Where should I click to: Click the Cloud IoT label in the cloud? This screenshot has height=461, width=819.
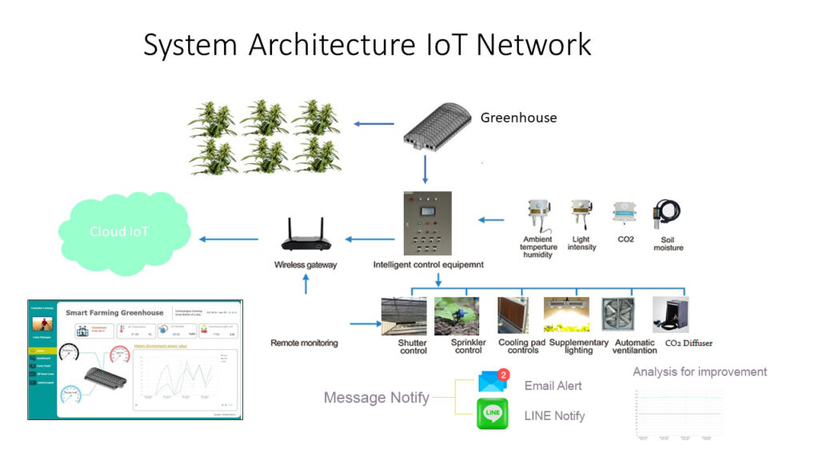(x=119, y=232)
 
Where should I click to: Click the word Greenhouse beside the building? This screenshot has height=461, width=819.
(x=518, y=118)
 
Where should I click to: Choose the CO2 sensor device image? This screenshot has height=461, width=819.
(x=625, y=214)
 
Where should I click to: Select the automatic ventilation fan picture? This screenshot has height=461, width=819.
(x=617, y=315)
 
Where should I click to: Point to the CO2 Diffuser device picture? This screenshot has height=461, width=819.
(x=670, y=315)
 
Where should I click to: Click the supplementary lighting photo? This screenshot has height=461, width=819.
(x=566, y=315)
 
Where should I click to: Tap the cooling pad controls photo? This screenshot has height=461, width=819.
(x=513, y=315)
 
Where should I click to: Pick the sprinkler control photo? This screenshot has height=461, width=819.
(x=457, y=315)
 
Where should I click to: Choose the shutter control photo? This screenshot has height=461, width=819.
(x=404, y=315)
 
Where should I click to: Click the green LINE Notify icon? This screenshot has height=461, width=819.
(x=493, y=415)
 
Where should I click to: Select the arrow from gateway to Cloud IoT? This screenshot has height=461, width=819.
(x=229, y=239)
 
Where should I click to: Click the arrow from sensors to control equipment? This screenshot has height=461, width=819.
(x=491, y=219)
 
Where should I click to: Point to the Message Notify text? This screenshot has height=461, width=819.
(x=376, y=397)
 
